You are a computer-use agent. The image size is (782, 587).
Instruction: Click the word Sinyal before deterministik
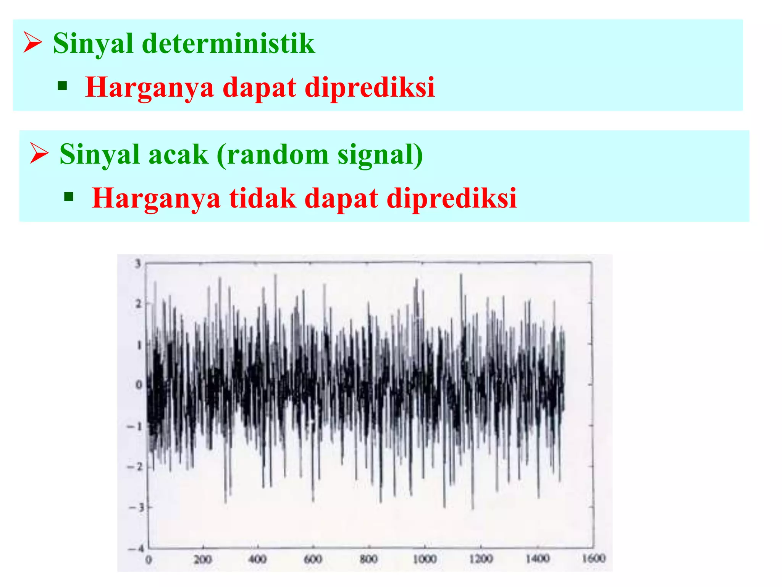(93, 44)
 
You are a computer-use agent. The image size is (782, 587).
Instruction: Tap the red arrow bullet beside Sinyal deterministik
(32, 42)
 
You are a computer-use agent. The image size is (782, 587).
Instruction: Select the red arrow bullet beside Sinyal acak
(39, 154)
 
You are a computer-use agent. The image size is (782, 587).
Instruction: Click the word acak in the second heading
(178, 155)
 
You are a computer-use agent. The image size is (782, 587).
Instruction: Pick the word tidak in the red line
(263, 198)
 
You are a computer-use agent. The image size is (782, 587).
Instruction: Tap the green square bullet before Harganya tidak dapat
(69, 197)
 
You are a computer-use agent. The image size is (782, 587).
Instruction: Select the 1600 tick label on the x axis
(593, 559)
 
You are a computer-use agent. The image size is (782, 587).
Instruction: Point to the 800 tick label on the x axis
(368, 559)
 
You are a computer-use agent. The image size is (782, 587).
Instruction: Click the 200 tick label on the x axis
(202, 560)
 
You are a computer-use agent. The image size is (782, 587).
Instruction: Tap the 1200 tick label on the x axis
(481, 559)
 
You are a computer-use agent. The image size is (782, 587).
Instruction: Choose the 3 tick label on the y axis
(138, 263)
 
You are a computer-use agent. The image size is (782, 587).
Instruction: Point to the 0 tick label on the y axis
(139, 385)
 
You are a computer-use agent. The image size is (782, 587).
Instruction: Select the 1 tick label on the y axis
(139, 345)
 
